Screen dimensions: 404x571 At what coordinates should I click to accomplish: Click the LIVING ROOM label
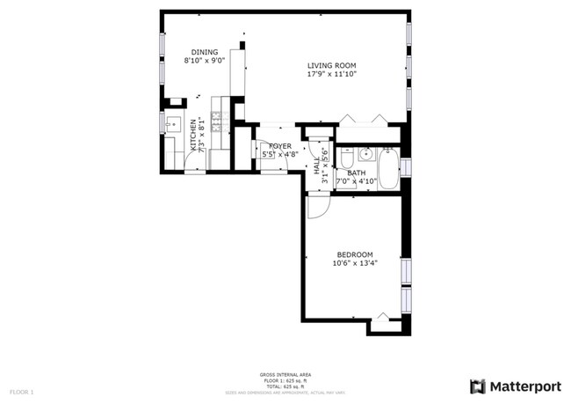coord(331,65)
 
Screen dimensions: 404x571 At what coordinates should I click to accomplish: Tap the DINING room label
coord(205,52)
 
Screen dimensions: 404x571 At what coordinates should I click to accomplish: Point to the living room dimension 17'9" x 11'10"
coord(331,75)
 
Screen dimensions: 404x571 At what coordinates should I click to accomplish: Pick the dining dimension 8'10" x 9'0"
coord(205,61)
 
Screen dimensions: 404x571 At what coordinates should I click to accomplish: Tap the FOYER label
coord(280,146)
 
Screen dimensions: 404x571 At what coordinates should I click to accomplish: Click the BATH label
coord(356,173)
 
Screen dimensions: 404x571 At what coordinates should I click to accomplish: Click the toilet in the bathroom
coord(347,160)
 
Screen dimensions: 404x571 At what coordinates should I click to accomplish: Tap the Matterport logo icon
coord(478,386)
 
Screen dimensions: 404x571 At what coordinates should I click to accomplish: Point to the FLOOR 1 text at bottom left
coord(22,391)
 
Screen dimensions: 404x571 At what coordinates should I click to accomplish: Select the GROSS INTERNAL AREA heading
coord(285,374)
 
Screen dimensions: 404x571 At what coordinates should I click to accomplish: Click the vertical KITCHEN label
coord(194,136)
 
